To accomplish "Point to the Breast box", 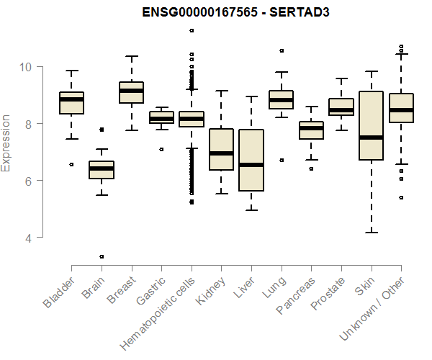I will coord(131,92).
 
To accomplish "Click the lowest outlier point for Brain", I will coord(102,256).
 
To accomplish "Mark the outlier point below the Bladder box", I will coord(71,164).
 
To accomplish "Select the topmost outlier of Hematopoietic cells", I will coord(192,30).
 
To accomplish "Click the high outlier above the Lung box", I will coord(282,50).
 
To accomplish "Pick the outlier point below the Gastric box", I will coord(161,149).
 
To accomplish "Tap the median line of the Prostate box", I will coord(341,110).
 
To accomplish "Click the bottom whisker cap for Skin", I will coord(371,232).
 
